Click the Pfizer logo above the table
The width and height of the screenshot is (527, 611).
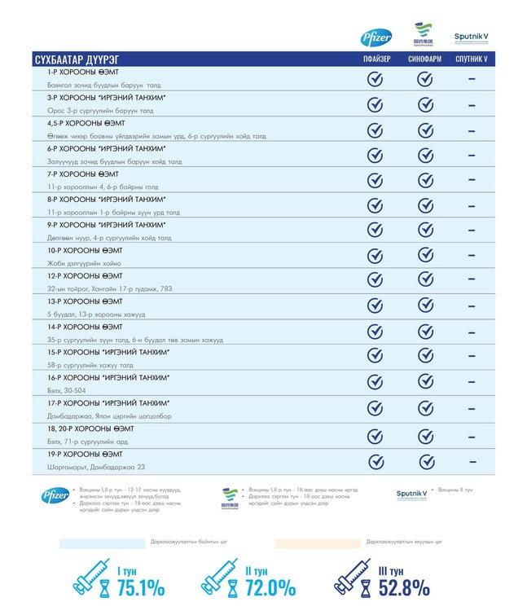pyautogui.click(x=375, y=37)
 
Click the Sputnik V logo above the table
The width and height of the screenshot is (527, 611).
pyautogui.click(x=472, y=38)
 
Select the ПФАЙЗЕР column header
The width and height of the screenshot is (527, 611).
pyautogui.click(x=376, y=60)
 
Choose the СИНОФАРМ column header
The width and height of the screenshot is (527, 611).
pyautogui.click(x=424, y=60)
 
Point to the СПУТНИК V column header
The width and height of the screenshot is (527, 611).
pyautogui.click(x=472, y=60)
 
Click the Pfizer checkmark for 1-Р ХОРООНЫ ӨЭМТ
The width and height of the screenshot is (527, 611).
pyautogui.click(x=375, y=79)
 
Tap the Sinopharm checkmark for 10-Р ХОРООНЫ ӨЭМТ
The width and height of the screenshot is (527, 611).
pyautogui.click(x=424, y=255)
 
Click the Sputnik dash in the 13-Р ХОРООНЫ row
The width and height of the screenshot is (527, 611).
pyautogui.click(x=472, y=306)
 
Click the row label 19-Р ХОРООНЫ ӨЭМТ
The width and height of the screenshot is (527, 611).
pyautogui.click(x=86, y=454)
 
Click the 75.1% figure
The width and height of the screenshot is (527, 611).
pyautogui.click(x=140, y=587)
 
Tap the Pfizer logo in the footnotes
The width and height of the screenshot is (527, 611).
pyautogui.click(x=55, y=495)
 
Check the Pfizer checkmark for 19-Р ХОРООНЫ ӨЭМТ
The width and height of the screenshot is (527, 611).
pyautogui.click(x=375, y=462)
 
